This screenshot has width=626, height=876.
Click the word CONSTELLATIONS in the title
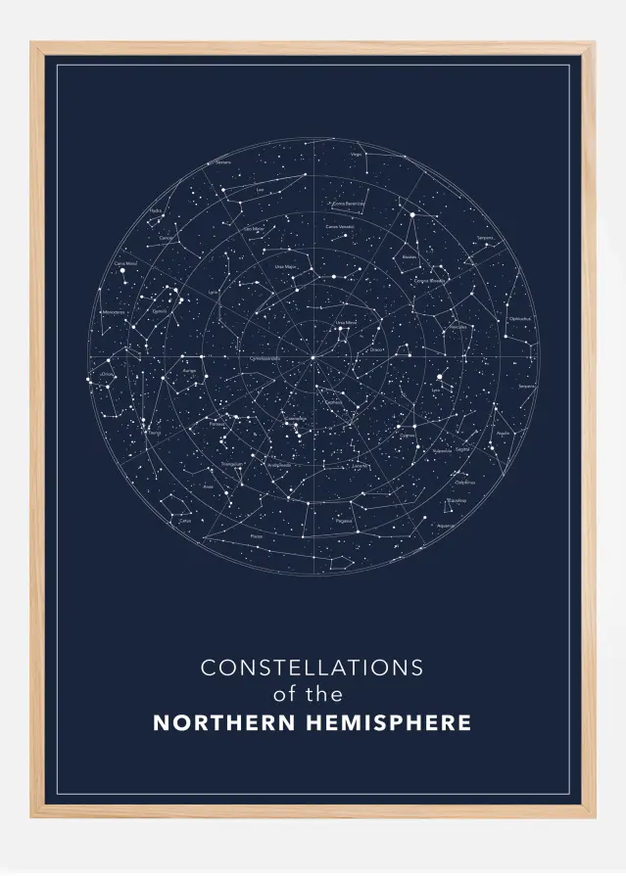[x=312, y=668]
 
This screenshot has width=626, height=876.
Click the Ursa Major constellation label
[x=285, y=265]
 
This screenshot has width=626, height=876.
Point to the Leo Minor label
[x=254, y=228]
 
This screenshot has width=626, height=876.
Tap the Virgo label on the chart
[x=358, y=155]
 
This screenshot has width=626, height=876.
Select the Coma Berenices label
[x=349, y=204]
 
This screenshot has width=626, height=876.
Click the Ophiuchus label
[x=519, y=318]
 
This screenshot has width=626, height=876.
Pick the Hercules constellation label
[x=457, y=326]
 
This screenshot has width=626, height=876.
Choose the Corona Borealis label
[x=429, y=281]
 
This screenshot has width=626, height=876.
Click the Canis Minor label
[x=125, y=263]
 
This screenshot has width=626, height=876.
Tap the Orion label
[x=107, y=374]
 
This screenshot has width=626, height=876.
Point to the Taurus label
[x=154, y=432]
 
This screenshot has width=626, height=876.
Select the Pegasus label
[x=343, y=521]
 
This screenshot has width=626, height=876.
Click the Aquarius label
[x=446, y=526]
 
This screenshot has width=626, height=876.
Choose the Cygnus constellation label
[x=408, y=436]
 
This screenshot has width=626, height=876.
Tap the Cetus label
[x=185, y=521]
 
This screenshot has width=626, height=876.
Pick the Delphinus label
[x=465, y=483]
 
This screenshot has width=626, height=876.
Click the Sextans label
[x=223, y=162]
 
